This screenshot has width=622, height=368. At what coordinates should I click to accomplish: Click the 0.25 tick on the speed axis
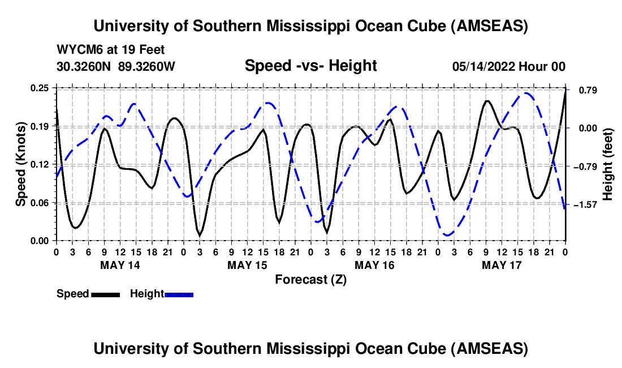[x=40, y=88]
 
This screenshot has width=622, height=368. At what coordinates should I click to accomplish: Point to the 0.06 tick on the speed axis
[x=40, y=203]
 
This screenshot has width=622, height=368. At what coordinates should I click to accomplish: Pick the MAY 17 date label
[x=502, y=265]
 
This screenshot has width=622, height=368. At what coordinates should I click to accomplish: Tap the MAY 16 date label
[x=374, y=265]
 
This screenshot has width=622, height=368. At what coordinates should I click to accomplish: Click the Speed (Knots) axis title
[x=21, y=164]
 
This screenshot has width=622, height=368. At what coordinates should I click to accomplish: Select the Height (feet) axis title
[x=608, y=164]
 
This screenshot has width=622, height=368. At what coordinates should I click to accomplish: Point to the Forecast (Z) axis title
[x=310, y=279]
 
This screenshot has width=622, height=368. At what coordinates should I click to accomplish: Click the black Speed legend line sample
[x=105, y=294]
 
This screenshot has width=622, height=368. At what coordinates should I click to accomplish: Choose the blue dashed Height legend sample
[x=179, y=294]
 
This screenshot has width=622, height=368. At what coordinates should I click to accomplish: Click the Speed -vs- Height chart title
[x=310, y=66]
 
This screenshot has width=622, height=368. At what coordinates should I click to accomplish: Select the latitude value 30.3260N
[x=84, y=66]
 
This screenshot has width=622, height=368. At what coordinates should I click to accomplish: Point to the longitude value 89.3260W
[x=147, y=66]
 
